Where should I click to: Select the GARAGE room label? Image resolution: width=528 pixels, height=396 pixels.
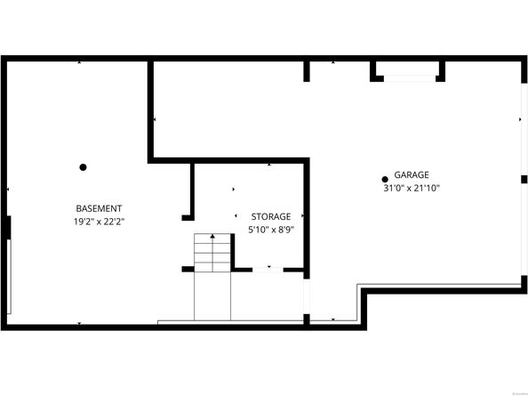[x=412, y=175]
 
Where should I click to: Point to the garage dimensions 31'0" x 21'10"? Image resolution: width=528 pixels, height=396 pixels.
[x=412, y=188]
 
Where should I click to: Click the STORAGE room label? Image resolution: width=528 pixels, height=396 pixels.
[x=270, y=217]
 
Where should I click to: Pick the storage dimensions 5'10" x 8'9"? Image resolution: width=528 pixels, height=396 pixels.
[x=270, y=230]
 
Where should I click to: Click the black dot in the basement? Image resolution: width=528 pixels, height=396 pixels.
[x=83, y=166]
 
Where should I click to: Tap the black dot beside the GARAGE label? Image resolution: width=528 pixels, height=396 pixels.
[x=385, y=177]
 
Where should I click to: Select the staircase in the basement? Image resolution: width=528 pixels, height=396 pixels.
[x=212, y=255]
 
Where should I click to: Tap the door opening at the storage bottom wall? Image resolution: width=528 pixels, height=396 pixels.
[x=269, y=268]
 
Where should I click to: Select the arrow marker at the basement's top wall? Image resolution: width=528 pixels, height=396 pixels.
[x=80, y=63]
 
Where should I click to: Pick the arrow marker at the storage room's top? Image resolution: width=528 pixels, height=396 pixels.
[x=269, y=166]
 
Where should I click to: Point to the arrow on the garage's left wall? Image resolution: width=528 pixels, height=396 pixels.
[x=155, y=119]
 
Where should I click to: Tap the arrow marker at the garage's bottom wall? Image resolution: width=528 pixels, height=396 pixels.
[x=332, y=319]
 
